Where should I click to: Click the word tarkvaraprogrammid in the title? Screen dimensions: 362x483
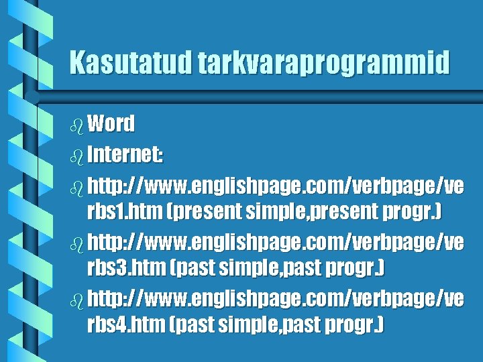(x=324, y=63)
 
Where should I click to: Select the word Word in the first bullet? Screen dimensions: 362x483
(x=111, y=123)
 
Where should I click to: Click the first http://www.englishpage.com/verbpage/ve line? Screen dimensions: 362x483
(x=275, y=184)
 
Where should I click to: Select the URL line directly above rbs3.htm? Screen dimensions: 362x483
(x=275, y=241)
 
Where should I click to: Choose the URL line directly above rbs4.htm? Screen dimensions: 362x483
(x=275, y=298)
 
